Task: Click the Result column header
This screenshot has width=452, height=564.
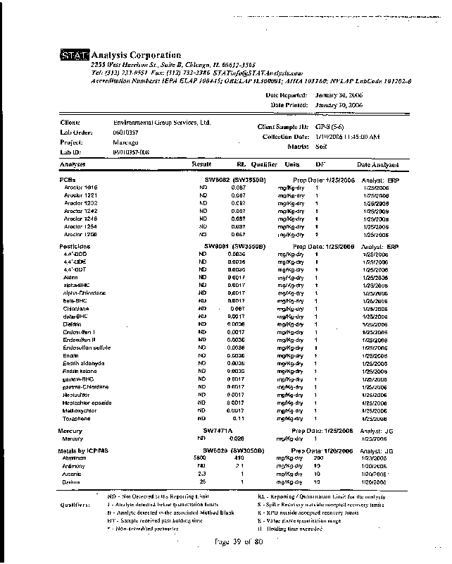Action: [202, 164]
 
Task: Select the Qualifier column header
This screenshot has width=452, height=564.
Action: [264, 164]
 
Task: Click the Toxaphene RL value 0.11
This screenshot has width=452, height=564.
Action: [239, 418]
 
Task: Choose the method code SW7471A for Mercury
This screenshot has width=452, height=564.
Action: [218, 430]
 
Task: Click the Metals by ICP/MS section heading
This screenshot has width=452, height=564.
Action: [84, 450]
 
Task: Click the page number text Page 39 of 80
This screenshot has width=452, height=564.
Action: [239, 541]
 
